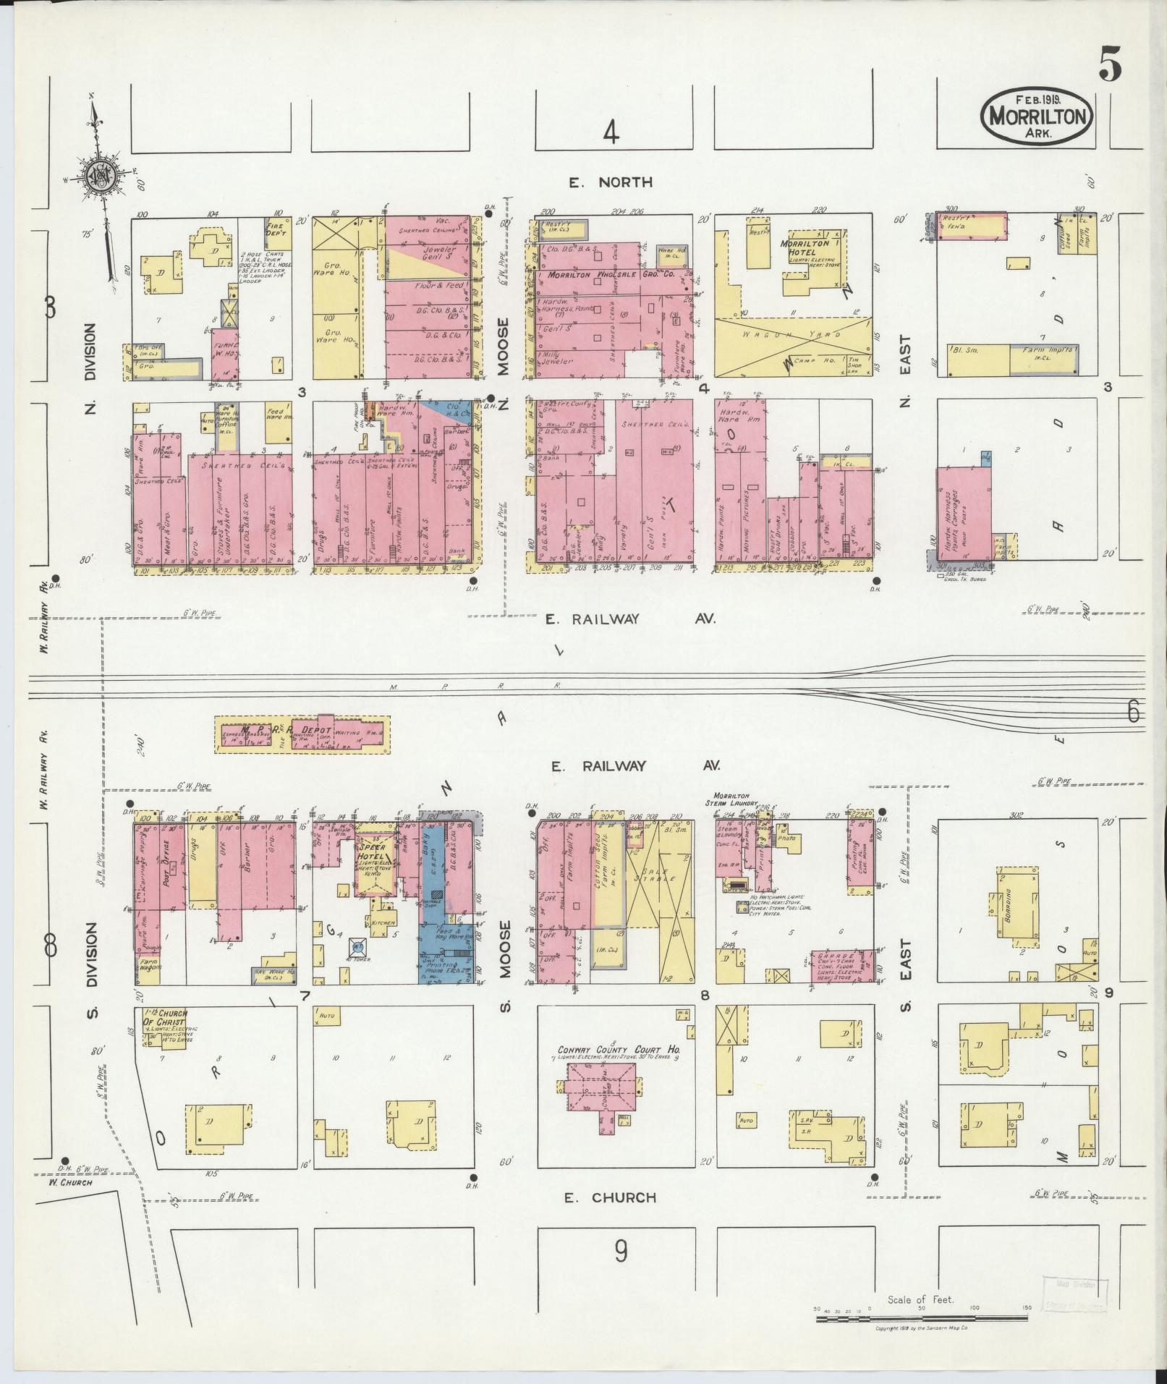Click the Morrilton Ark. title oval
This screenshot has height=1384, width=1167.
1037,116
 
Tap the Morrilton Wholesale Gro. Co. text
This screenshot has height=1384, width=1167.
611,276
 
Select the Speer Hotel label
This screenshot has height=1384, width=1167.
373,851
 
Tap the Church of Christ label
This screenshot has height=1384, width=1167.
171,1017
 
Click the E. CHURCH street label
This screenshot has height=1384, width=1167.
610,1197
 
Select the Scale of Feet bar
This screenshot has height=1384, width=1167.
921,1319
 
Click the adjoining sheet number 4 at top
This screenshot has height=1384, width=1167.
611,134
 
